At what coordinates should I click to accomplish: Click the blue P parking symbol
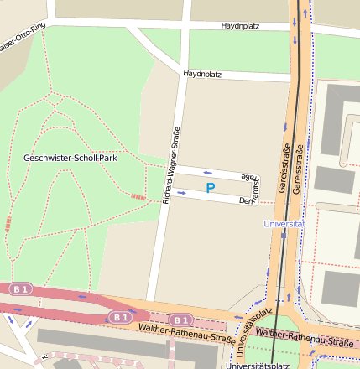211,189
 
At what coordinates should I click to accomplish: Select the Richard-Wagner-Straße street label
171,164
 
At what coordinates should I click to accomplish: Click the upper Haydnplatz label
240,27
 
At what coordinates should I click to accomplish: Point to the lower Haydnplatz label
201,75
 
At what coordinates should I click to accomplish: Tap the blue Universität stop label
284,224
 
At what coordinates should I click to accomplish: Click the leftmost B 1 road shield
20,288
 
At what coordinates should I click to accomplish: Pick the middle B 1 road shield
120,317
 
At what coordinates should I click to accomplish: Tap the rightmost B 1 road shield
180,320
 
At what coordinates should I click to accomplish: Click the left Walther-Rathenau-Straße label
187,335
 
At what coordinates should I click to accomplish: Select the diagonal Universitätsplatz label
251,330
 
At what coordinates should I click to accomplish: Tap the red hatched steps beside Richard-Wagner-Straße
138,196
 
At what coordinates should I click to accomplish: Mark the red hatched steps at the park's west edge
8,223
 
